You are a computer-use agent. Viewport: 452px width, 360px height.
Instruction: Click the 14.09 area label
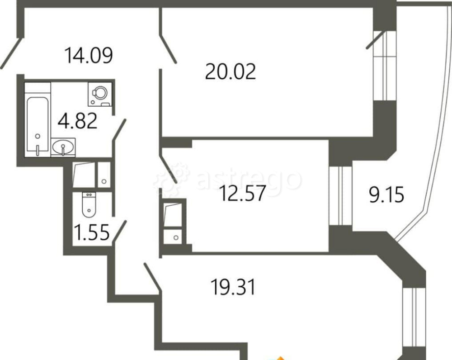click(89, 55)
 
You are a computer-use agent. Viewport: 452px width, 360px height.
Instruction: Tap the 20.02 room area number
click(231, 71)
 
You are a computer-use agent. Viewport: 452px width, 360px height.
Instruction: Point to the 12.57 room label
click(242, 193)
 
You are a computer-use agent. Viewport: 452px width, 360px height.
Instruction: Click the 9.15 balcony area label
click(386, 195)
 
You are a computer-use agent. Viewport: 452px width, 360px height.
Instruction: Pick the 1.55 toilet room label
click(92, 232)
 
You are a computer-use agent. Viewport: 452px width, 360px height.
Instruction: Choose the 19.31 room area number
click(233, 287)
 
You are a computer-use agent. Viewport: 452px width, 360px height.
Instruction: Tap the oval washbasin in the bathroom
click(63, 147)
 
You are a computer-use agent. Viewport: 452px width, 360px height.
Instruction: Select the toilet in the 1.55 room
click(89, 205)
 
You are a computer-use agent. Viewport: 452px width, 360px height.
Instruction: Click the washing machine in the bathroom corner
click(99, 94)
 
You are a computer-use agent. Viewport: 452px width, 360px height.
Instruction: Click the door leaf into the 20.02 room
click(168, 49)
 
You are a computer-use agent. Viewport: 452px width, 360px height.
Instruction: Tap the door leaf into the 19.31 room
click(152, 277)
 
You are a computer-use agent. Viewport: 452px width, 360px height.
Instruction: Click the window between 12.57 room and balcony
click(341, 195)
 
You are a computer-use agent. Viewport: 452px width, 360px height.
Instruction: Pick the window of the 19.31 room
click(414, 317)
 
